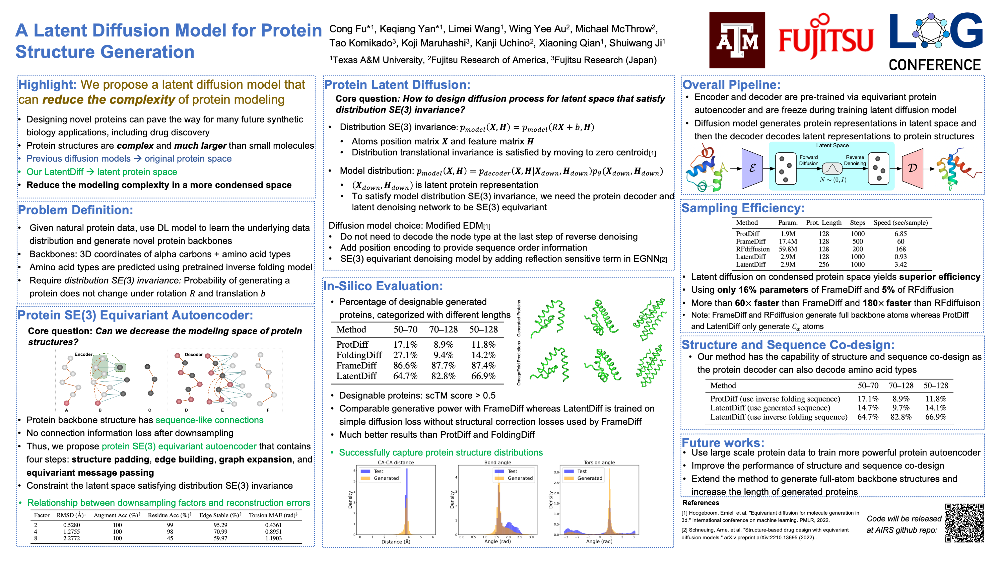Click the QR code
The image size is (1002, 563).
pyautogui.click(x=965, y=522)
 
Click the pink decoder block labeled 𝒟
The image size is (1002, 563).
pyautogui.click(x=912, y=168)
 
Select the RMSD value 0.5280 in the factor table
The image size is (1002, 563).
pyautogui.click(x=72, y=525)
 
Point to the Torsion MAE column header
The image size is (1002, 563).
pyautogui.click(x=273, y=515)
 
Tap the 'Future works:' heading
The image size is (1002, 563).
pyautogui.click(x=723, y=443)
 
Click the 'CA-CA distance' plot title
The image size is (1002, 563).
pyautogui.click(x=396, y=463)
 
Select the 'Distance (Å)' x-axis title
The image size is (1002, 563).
pyautogui.click(x=396, y=542)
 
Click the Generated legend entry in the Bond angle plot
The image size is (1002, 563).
pyautogui.click(x=520, y=478)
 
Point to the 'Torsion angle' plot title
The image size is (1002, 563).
pyautogui.click(x=599, y=463)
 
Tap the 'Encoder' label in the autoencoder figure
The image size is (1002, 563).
pyautogui.click(x=83, y=354)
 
